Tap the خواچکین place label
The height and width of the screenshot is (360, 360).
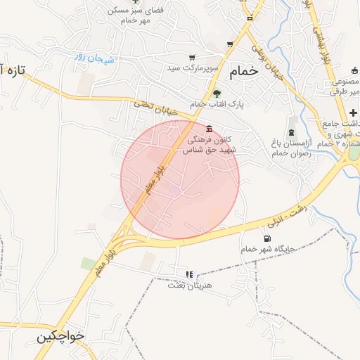click(61, 336)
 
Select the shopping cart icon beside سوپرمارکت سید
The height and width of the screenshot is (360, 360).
click(192, 58)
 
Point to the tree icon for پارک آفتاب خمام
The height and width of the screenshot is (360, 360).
click(217, 94)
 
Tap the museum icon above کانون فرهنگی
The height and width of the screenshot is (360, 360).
click(209, 129)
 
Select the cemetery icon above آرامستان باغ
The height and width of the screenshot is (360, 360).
click(291, 132)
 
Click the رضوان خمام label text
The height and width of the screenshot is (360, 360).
click(291, 153)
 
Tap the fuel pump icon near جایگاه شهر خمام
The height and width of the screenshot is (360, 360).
click(266, 238)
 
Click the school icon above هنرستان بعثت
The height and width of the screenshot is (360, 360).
click(188, 274)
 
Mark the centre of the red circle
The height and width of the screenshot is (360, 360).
click(180, 179)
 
